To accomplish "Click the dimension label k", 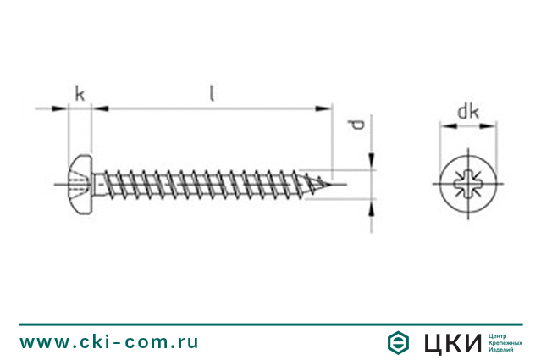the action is tap(80, 94).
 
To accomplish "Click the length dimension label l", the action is tap(213, 93).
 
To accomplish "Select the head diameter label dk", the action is tap(468, 112).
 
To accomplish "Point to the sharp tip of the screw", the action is tap(334, 184).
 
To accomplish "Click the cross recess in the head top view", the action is tap(468, 184).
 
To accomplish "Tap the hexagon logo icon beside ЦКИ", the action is tap(398, 343).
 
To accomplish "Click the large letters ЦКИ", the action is tap(452, 343).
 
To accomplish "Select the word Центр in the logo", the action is tap(497, 336).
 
